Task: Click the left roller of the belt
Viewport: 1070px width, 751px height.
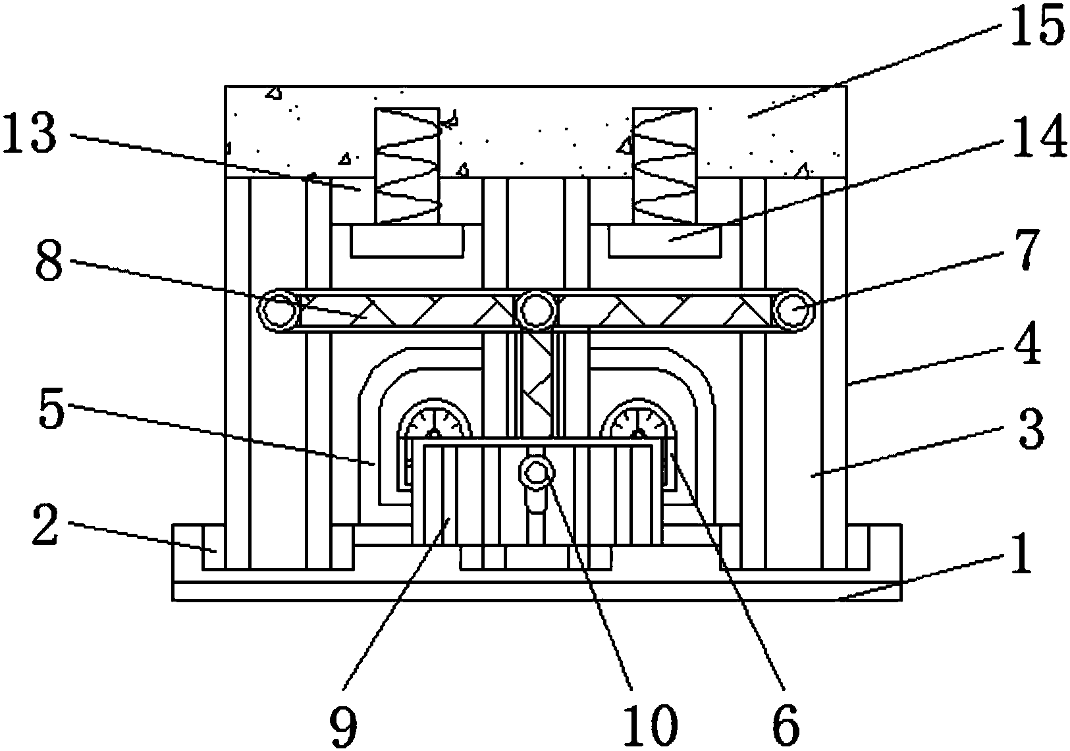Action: (x=279, y=309)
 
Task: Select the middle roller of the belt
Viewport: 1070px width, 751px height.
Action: (x=537, y=309)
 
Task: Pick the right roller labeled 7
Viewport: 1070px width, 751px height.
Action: (x=793, y=309)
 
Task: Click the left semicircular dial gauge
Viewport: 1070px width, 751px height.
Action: (x=435, y=419)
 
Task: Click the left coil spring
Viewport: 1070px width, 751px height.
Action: (x=407, y=166)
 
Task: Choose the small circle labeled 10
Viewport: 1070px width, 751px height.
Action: (x=537, y=472)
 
